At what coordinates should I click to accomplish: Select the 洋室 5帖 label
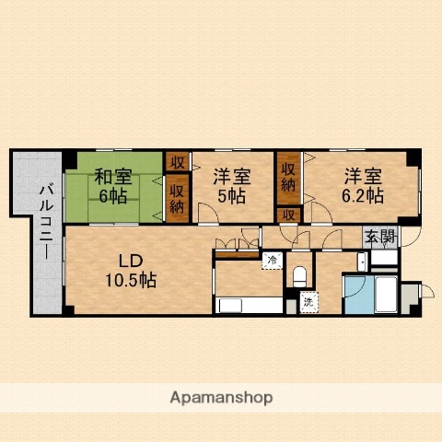click(230, 185)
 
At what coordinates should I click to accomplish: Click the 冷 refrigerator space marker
click(271, 261)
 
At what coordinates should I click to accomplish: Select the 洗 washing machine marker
click(308, 300)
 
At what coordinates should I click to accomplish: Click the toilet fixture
click(298, 274)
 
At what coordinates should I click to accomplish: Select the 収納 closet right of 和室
click(176, 199)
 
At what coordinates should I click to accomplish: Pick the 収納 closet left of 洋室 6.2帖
click(289, 177)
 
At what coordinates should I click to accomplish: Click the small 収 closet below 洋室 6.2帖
click(289, 215)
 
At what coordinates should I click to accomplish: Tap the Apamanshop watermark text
click(221, 398)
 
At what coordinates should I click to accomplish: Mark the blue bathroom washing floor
click(355, 297)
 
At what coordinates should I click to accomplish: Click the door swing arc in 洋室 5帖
click(210, 214)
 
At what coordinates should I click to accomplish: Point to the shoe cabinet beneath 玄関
click(384, 259)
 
